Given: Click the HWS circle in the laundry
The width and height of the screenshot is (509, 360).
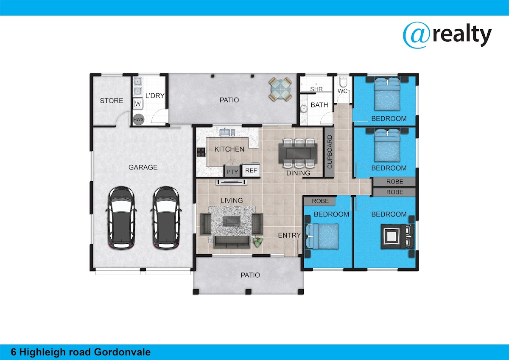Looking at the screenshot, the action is click(x=138, y=119).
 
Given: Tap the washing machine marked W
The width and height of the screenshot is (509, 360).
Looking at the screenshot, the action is click(x=138, y=104).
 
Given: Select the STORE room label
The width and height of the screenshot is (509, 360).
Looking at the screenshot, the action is click(x=111, y=101).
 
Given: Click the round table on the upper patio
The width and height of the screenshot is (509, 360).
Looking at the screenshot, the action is click(x=280, y=89).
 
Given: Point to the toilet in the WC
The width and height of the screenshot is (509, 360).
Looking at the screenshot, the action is click(x=342, y=82).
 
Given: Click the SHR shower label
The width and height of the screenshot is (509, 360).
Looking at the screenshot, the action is click(x=316, y=89).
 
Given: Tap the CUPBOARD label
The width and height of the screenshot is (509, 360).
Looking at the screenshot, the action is click(x=329, y=152).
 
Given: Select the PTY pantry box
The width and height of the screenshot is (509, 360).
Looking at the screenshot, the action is click(x=232, y=171).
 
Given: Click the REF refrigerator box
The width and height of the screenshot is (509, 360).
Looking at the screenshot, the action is click(x=251, y=170).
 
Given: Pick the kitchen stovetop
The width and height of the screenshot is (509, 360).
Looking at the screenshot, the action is click(x=201, y=152).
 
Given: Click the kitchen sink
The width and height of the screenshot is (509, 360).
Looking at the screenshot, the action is click(x=227, y=132).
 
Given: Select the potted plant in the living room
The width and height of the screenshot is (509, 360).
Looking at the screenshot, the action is click(x=258, y=242).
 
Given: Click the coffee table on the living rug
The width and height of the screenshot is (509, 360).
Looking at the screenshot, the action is click(x=231, y=221).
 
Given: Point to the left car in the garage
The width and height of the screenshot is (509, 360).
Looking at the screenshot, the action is click(x=121, y=217).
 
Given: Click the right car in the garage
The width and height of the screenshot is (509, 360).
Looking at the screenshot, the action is click(x=166, y=217).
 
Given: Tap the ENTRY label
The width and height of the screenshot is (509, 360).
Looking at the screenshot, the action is click(x=289, y=235).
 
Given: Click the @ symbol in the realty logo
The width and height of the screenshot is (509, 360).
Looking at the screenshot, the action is click(x=417, y=35).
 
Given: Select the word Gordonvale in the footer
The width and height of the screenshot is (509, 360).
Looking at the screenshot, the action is click(x=122, y=352).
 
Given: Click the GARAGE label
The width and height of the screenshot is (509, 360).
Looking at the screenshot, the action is click(x=143, y=167).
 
